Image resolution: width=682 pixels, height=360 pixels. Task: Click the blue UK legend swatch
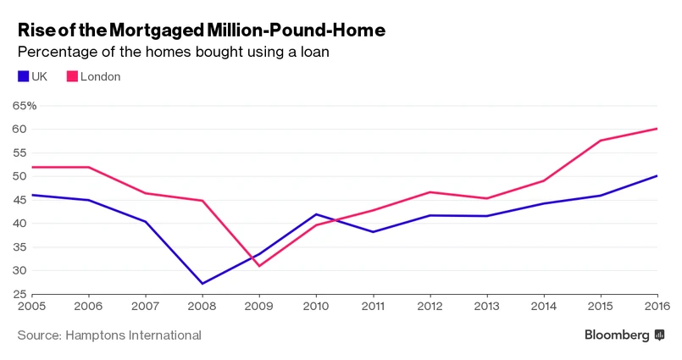pyautogui.click(x=23, y=77)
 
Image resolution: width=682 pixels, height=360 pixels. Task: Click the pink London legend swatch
pyautogui.click(x=72, y=77)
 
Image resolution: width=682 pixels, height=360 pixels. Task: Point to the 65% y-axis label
pyautogui.click(x=24, y=106)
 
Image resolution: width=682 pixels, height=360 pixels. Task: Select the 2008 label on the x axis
pyautogui.click(x=202, y=306)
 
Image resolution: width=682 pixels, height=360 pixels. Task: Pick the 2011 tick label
pyautogui.click(x=374, y=306)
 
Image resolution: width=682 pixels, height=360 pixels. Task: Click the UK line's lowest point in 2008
pyautogui.click(x=202, y=283)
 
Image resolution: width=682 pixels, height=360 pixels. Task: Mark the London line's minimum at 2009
pyautogui.click(x=259, y=266)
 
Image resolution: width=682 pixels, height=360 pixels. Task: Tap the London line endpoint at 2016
pyautogui.click(x=657, y=129)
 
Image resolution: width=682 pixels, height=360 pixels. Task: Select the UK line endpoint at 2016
pyautogui.click(x=657, y=175)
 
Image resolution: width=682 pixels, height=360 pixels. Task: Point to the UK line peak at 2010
pyautogui.click(x=316, y=214)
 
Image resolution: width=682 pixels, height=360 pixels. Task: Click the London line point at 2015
pyautogui.click(x=601, y=141)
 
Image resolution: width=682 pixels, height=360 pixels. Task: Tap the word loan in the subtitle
pyautogui.click(x=314, y=53)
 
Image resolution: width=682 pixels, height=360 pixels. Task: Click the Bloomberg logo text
pyautogui.click(x=617, y=335)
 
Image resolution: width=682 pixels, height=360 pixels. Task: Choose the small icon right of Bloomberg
pyautogui.click(x=659, y=335)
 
